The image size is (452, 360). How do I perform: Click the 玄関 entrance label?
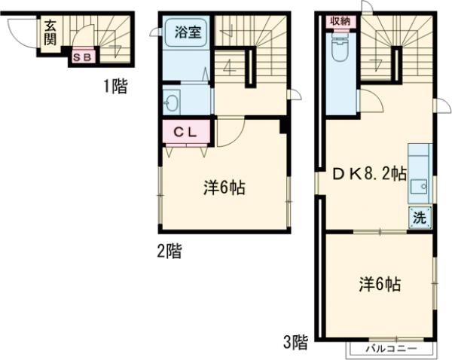coord(50,32)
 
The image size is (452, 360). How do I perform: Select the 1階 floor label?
coord(115,87)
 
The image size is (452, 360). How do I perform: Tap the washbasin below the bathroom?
coord(171,102)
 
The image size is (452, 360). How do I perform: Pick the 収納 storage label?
coord(339,20)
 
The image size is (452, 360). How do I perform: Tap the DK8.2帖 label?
coord(370,175)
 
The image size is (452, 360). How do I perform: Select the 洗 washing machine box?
coord(420,218)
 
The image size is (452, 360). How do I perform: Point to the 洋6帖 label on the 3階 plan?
coord(379,284)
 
